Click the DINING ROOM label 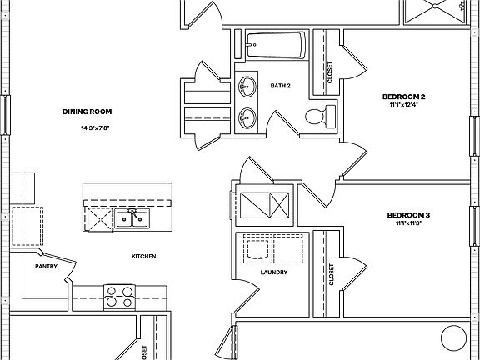87,112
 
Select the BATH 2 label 281,86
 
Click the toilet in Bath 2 317,117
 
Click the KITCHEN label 143,257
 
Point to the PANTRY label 45,267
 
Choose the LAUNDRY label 273,272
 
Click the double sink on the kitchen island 132,219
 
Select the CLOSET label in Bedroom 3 331,276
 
